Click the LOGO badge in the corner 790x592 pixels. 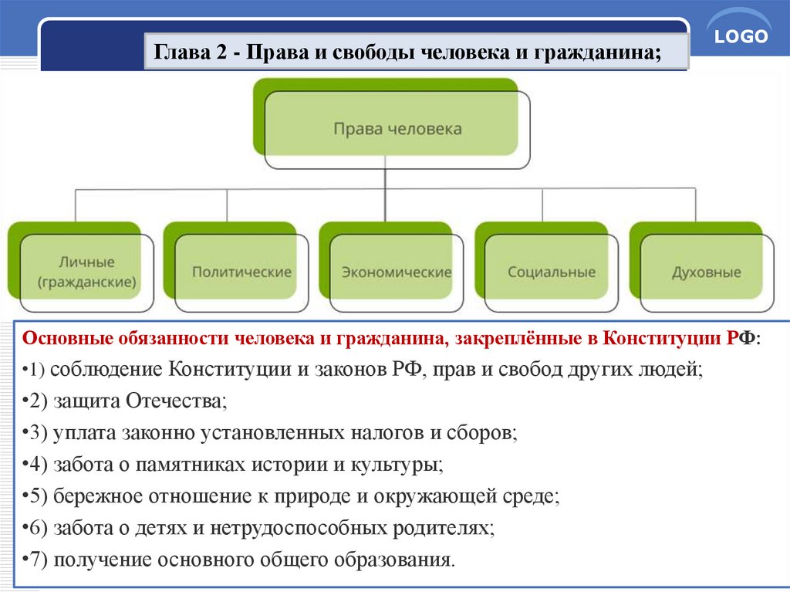740,37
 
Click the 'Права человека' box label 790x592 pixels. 397,129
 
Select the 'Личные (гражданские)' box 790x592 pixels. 86,272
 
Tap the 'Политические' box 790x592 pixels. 241,272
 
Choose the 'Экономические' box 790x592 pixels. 397,272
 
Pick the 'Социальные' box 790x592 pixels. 552,272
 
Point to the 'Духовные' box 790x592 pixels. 706,272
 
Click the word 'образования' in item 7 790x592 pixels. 396,560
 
